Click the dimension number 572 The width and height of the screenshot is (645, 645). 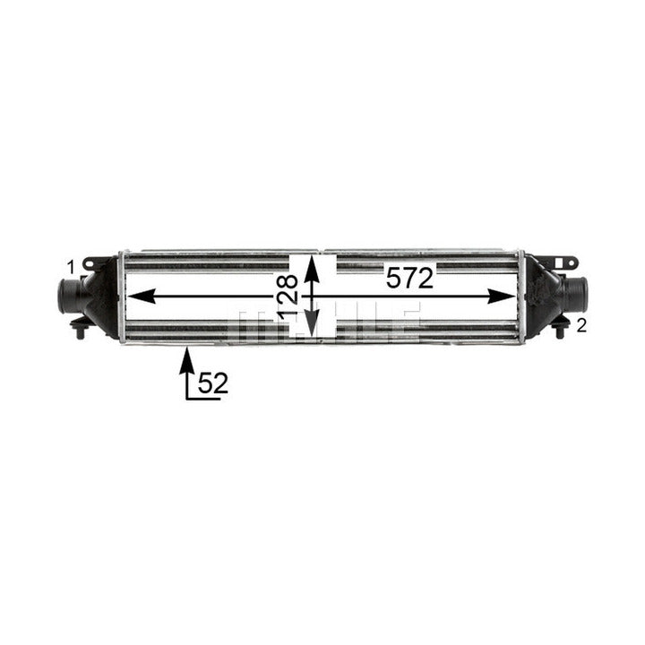tap(409, 278)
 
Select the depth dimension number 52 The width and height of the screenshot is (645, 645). tap(212, 383)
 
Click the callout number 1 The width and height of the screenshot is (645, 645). tap(71, 267)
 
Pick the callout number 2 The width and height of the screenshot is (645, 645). tap(581, 326)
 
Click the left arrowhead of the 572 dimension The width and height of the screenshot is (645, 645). tap(142, 297)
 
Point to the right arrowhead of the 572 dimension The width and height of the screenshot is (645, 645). tap(502, 297)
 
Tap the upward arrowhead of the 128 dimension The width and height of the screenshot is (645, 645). tap(312, 268)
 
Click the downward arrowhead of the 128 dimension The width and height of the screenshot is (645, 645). tap(312, 323)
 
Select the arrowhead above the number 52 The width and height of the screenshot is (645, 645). tap(187, 360)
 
